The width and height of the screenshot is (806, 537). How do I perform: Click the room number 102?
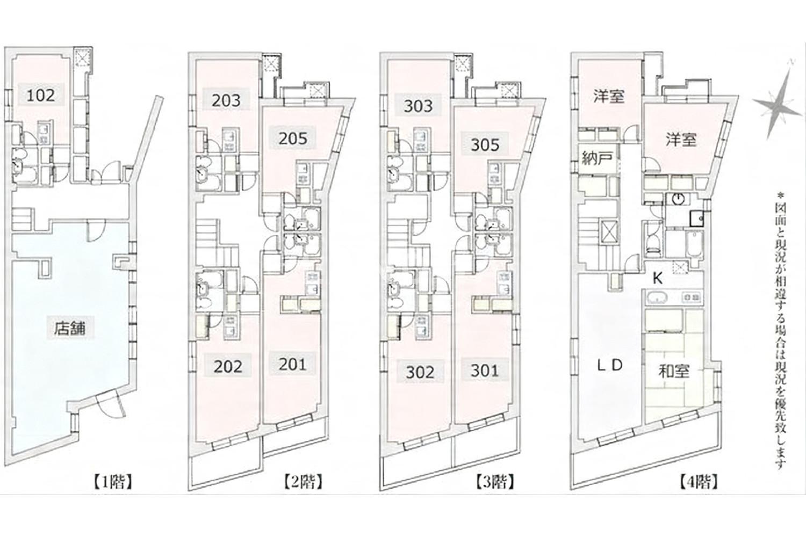[x=41, y=95]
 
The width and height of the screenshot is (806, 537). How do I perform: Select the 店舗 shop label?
[x=70, y=329]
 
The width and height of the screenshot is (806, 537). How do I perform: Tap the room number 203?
[x=226, y=101]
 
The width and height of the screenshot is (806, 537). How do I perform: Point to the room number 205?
[x=293, y=138]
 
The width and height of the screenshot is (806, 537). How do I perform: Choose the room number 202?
[x=228, y=367]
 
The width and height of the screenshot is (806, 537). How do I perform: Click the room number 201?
[x=292, y=365]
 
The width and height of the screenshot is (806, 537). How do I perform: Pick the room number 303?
[x=418, y=106]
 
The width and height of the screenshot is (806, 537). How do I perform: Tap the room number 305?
[x=485, y=144]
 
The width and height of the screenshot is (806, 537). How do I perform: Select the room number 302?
[x=420, y=372]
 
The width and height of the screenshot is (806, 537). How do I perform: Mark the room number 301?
[x=485, y=371]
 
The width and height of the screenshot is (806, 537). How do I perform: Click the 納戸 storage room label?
[x=596, y=158]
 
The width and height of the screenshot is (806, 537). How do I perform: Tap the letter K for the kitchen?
[x=657, y=279]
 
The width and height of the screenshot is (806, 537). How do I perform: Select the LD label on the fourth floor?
[x=610, y=366]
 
